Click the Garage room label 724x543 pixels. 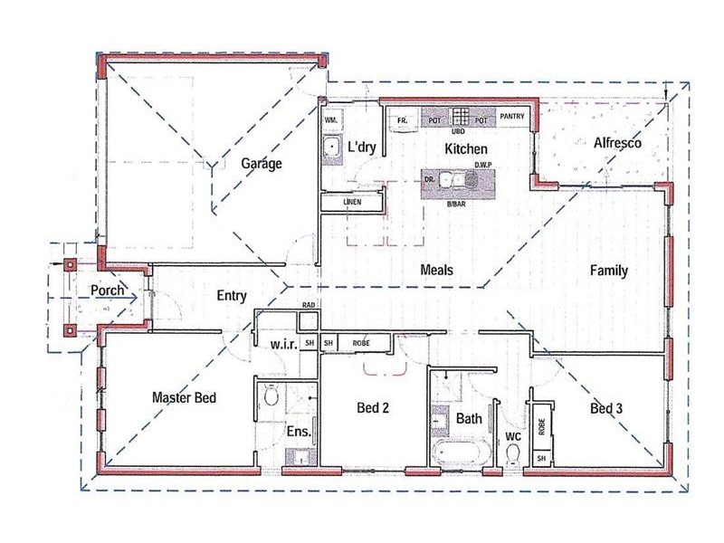click(262, 164)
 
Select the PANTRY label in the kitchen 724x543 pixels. click(511, 116)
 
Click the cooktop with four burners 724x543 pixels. click(461, 118)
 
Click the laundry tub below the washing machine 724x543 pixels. click(330, 150)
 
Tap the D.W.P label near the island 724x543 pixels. click(482, 165)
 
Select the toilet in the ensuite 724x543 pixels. click(270, 395)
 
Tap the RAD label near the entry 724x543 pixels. click(309, 306)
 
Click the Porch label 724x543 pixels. click(108, 291)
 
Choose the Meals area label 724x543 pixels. click(437, 270)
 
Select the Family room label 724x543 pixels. click(608, 270)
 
